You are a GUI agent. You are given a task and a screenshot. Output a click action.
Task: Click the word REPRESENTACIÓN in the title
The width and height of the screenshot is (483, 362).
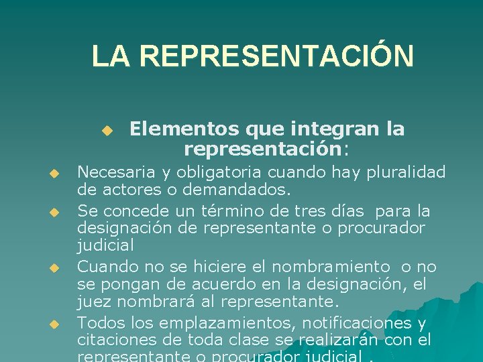277,56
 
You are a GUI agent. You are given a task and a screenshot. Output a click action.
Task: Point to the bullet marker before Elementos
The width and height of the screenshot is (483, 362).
106,129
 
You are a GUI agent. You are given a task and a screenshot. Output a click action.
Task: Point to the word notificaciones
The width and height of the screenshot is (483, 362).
360,323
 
